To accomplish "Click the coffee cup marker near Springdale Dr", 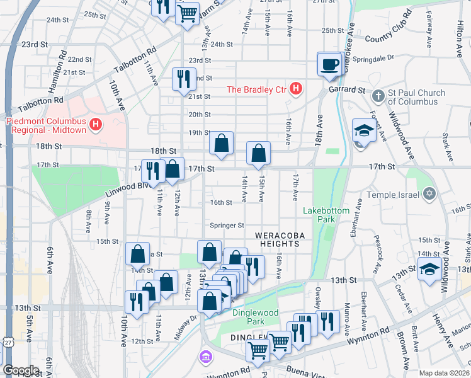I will pos(330,64).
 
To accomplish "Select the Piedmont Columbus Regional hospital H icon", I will pos(95,125).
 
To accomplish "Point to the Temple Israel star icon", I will pos(429,192).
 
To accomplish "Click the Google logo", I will pos(21,370).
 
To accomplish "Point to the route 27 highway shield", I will pos(6,341).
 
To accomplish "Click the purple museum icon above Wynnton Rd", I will pos(205,358).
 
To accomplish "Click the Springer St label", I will pos(227,225).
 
